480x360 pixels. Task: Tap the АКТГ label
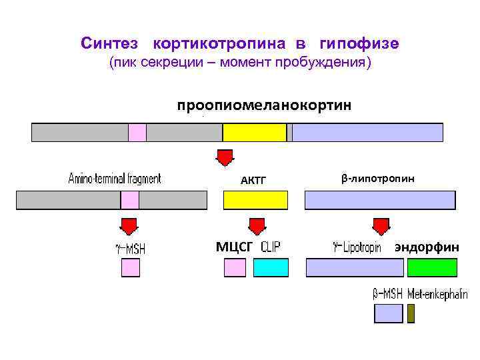click(x=253, y=180)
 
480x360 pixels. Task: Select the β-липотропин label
click(x=377, y=179)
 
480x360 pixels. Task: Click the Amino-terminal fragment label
click(x=115, y=179)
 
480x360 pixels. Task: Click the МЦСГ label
click(x=234, y=247)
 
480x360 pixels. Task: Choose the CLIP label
click(x=271, y=247)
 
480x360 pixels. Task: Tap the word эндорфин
click(x=427, y=247)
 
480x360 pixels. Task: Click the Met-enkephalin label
click(x=437, y=293)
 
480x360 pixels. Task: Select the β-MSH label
click(x=388, y=293)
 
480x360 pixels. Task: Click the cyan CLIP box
click(x=271, y=268)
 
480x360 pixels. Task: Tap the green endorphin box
click(x=432, y=268)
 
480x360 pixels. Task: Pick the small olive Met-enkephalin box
click(x=411, y=313)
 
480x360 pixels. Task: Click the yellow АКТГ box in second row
click(x=255, y=200)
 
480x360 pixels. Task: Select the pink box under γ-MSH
click(x=131, y=268)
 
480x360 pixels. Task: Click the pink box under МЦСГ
click(x=235, y=268)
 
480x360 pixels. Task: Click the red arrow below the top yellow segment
click(x=225, y=157)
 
